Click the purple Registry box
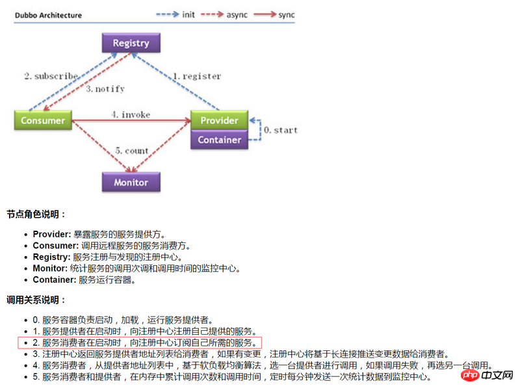131,43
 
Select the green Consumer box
43,120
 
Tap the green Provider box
219,120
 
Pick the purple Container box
219,140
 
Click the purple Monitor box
131,182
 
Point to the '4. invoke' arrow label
131,114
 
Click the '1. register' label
197,76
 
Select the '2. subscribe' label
51,76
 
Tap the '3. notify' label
105,88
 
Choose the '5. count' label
132,151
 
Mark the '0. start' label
281,130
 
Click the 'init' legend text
188,14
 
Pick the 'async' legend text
237,15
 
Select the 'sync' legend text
287,15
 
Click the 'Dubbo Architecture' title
48,15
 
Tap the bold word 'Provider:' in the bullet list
52,234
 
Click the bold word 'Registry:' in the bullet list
52,257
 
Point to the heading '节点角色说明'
33,214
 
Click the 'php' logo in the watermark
470,375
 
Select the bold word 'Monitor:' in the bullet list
50,268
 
